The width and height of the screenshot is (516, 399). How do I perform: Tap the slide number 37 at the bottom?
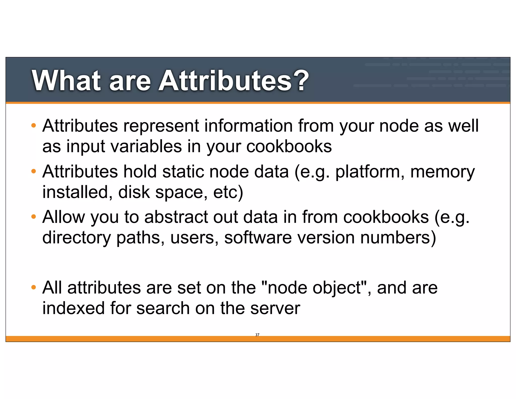[x=257, y=335]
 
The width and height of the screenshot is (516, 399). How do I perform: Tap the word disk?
[x=134, y=192]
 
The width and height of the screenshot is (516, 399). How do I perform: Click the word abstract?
[x=176, y=217]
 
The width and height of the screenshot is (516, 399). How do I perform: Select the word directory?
[x=76, y=238]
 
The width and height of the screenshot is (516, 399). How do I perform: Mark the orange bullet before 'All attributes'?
[x=34, y=287]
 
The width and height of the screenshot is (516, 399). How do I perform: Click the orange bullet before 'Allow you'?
[x=34, y=216]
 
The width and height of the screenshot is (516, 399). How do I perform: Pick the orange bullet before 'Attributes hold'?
[x=34, y=171]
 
